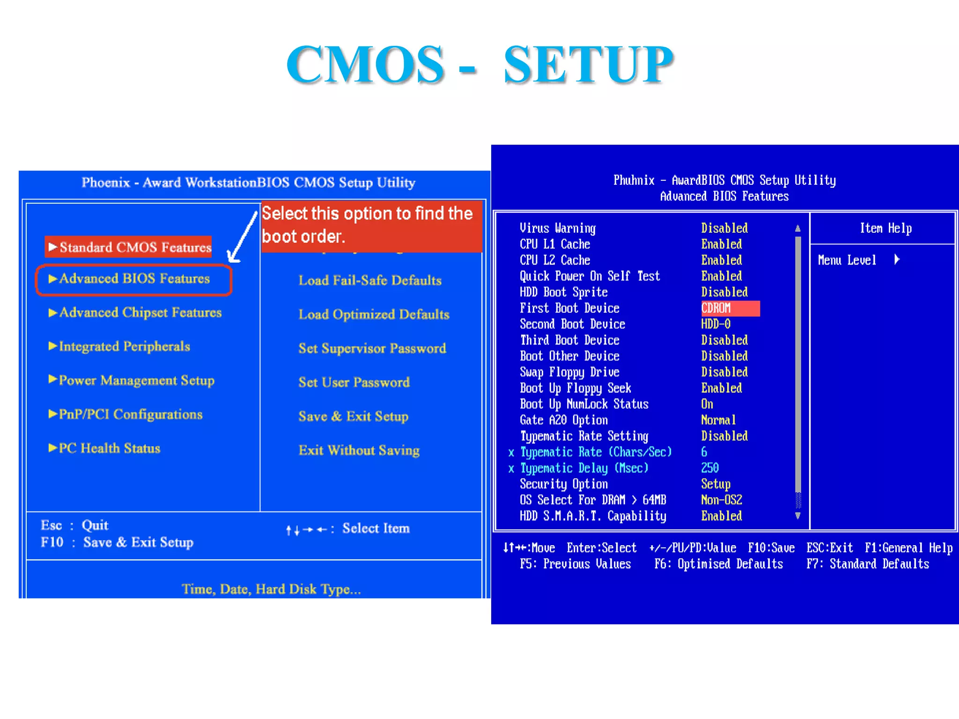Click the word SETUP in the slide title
click(588, 65)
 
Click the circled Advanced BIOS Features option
click(134, 279)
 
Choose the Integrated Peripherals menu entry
click(124, 346)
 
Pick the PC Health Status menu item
click(109, 448)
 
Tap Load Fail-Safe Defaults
click(370, 280)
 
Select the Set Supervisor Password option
click(372, 348)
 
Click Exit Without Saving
click(359, 450)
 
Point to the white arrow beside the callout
click(242, 236)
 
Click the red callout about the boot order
click(371, 226)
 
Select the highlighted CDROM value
click(716, 308)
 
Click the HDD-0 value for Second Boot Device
click(716, 324)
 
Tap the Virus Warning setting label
click(557, 228)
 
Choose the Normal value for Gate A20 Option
click(718, 420)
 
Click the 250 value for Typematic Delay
click(710, 468)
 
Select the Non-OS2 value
click(722, 500)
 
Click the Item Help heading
click(885, 228)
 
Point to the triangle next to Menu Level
click(897, 259)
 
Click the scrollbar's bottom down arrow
click(798, 516)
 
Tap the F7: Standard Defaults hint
click(867, 564)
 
